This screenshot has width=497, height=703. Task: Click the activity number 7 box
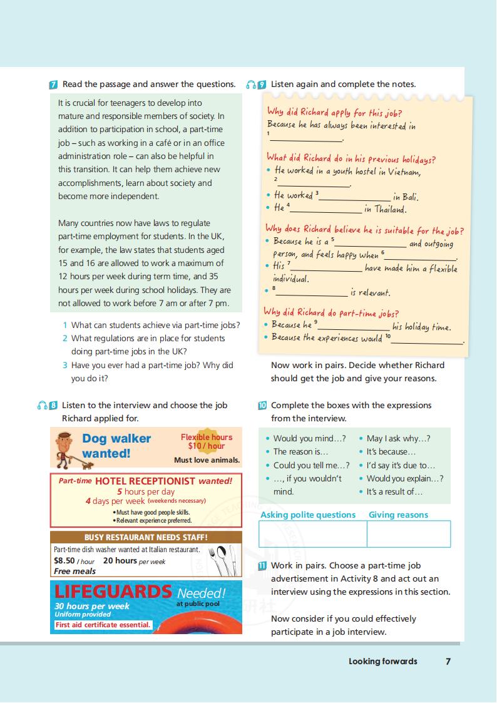54,85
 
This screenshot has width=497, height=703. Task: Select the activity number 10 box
262,406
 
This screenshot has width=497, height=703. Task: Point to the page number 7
448,661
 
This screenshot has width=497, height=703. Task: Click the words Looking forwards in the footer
382,661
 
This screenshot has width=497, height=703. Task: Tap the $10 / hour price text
206,446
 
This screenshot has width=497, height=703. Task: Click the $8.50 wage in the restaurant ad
64,561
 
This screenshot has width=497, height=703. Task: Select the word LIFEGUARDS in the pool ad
113,592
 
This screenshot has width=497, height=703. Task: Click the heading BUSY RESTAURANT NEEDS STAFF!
146,537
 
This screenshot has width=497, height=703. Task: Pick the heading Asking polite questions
308,515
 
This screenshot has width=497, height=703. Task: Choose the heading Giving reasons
398,515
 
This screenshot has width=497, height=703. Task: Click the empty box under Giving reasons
408,534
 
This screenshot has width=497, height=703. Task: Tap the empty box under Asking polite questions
312,534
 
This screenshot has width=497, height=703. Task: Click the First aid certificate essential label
103,625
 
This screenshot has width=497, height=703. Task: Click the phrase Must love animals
207,460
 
